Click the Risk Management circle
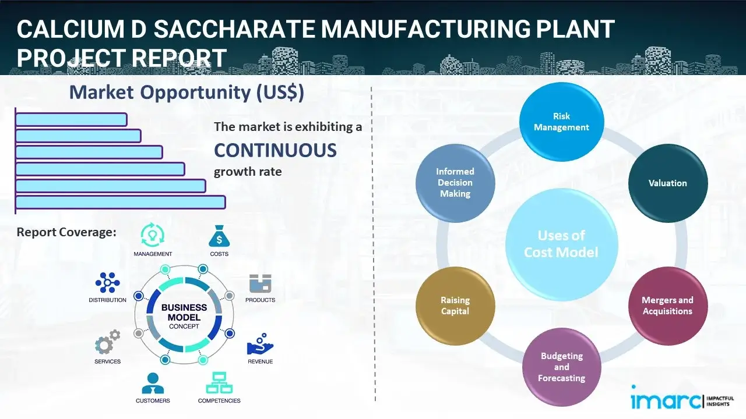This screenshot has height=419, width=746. tap(561, 122)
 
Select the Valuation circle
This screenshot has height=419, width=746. tap(667, 183)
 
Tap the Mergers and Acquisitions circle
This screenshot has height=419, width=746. tap(667, 306)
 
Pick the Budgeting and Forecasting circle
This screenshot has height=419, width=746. tap(561, 367)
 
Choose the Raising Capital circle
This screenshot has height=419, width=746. tap(455, 306)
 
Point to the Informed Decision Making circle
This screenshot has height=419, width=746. tap(455, 183)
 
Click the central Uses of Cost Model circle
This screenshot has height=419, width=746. tap(561, 244)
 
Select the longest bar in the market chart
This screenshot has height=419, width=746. tap(120, 202)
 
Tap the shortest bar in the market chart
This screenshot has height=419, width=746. tap(71, 119)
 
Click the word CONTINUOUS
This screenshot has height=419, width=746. tap(275, 150)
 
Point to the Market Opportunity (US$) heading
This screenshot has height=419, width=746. tap(186, 93)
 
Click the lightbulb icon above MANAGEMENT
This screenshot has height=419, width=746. tap(153, 235)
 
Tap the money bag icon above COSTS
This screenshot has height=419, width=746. tap(219, 236)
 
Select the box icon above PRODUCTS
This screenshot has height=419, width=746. tap(261, 284)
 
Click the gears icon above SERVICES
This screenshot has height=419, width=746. tap(108, 343)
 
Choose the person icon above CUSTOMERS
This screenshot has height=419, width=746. tap(153, 384)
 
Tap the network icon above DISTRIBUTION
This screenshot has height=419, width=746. tap(108, 283)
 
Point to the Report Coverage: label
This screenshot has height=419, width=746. tap(66, 232)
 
